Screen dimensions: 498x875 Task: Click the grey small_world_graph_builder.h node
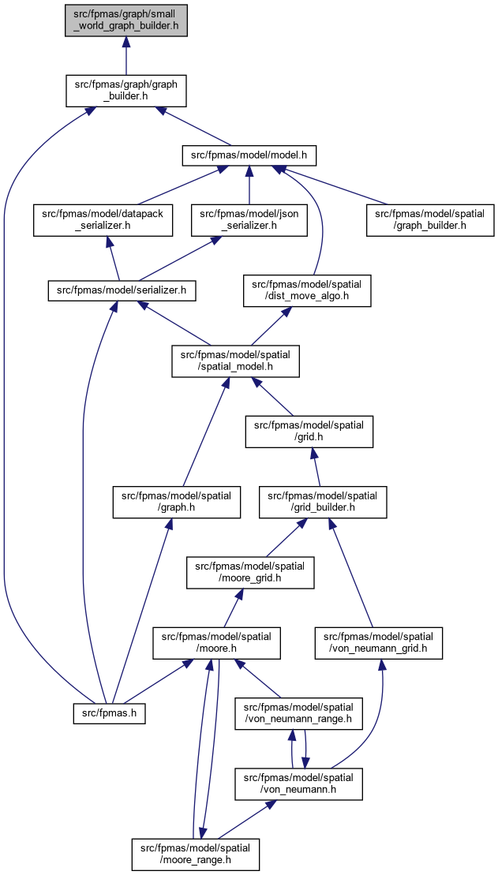(126, 20)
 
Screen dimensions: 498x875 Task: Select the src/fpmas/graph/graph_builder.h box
(126, 91)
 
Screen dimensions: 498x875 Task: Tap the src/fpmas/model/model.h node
(249, 155)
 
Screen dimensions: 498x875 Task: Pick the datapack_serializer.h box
(103, 220)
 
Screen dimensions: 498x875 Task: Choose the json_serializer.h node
(249, 220)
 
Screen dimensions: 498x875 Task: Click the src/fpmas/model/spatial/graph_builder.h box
(430, 220)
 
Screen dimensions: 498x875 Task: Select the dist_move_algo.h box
(307, 290)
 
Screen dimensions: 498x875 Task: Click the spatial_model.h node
(236, 361)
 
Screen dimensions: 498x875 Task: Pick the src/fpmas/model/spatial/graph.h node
(177, 502)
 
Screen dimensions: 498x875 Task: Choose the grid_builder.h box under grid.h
(323, 502)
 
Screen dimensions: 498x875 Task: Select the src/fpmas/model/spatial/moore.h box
(216, 643)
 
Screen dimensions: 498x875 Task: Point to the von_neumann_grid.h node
(379, 643)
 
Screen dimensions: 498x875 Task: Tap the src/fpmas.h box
(110, 713)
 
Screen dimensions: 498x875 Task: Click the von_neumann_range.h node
(299, 713)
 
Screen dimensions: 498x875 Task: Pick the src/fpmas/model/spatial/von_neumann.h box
(299, 783)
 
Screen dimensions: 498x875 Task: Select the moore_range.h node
(196, 854)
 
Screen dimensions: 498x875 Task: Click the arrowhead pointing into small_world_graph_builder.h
(126, 43)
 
